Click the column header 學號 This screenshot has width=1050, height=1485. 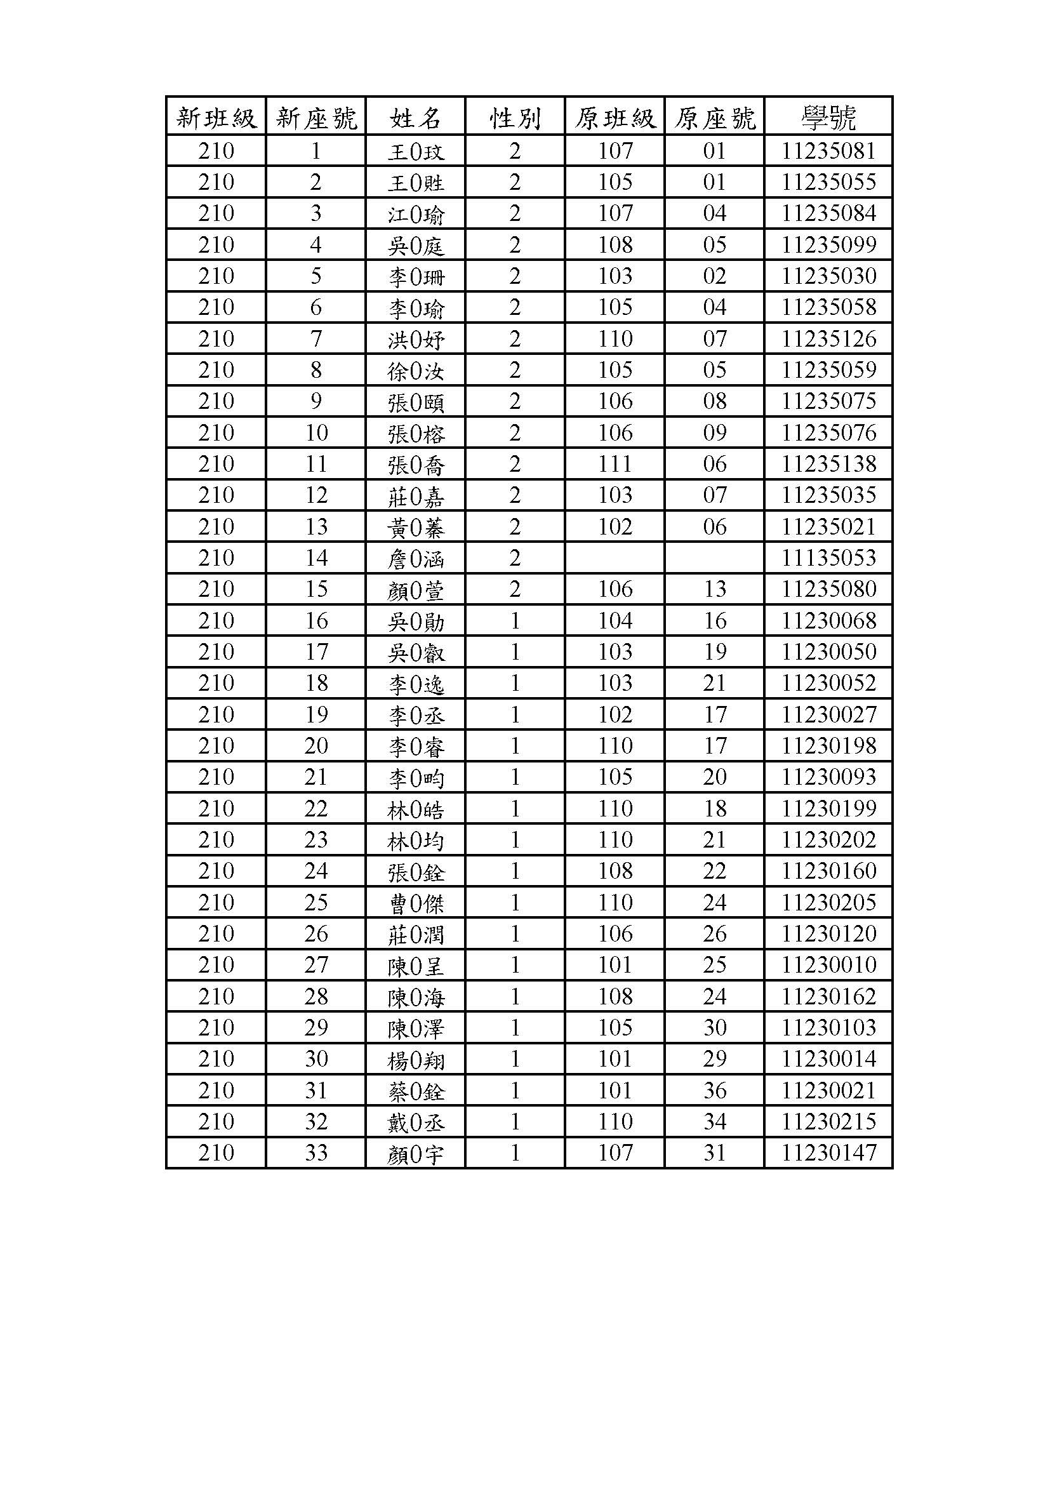(828, 117)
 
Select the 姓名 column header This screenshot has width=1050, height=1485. (416, 117)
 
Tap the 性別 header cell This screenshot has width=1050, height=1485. (515, 117)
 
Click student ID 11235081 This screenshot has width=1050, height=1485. (828, 151)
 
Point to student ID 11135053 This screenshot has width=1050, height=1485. (828, 558)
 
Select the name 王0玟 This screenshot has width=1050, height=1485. (416, 152)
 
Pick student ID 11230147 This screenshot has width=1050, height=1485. (828, 1152)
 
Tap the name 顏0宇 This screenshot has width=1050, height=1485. (416, 1153)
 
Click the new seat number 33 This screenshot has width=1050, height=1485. (316, 1152)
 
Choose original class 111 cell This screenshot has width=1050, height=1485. (615, 463)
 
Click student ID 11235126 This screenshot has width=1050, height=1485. (828, 339)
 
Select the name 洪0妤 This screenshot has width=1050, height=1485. (416, 340)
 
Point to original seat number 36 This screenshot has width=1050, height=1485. (714, 1090)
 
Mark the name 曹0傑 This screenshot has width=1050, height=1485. (416, 903)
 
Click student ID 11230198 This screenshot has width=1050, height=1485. (828, 746)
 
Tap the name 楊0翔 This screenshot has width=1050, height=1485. (416, 1060)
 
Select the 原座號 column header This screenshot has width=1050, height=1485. (714, 117)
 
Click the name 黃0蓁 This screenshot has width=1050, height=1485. (416, 528)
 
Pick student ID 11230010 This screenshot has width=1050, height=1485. (828, 965)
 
